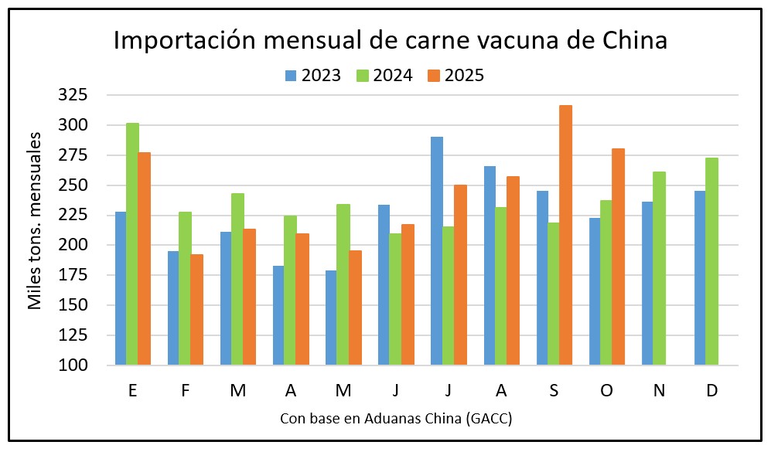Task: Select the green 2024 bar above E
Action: pyautogui.click(x=132, y=243)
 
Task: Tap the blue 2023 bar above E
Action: pyautogui.click(x=121, y=288)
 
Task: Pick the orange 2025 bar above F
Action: pyautogui.click(x=196, y=309)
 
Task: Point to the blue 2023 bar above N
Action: pyautogui.click(x=647, y=283)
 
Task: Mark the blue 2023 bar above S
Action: pyautogui.click(x=542, y=278)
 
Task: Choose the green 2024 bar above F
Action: pyautogui.click(x=185, y=288)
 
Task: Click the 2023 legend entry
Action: pyautogui.click(x=313, y=76)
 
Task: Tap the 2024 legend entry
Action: pyautogui.click(x=384, y=76)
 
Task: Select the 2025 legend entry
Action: pyautogui.click(x=457, y=76)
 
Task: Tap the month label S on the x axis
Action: pyautogui.click(x=554, y=390)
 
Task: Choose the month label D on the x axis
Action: pyautogui.click(x=712, y=390)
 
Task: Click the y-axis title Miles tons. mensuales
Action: pyautogui.click(x=35, y=221)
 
